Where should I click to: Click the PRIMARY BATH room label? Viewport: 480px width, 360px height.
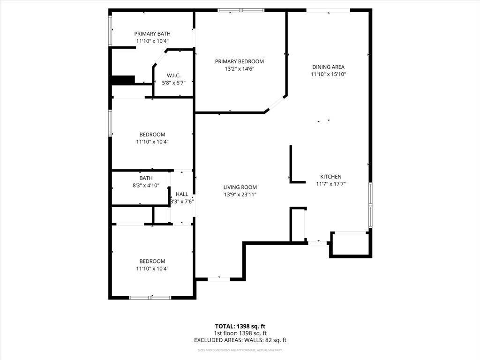[x=152, y=34]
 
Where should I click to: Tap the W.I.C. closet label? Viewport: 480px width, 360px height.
[x=173, y=76]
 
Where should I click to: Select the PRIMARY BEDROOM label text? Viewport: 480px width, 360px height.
[x=239, y=61]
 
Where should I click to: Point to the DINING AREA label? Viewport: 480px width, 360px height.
[x=328, y=67]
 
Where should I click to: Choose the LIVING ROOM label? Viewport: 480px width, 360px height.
[x=240, y=187]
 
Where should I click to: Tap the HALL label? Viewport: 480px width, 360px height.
[x=182, y=194]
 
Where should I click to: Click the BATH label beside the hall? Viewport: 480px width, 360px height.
[x=146, y=178]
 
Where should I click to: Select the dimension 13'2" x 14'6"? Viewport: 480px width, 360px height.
[x=239, y=69]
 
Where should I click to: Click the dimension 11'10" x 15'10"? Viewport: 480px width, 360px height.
[x=328, y=74]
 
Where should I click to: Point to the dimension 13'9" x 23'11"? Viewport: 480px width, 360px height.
[x=240, y=195]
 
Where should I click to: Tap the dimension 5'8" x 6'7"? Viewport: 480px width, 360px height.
[x=173, y=83]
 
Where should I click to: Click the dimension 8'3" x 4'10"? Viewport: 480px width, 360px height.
[x=146, y=185]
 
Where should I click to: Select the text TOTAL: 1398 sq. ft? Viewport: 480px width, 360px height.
[x=240, y=326]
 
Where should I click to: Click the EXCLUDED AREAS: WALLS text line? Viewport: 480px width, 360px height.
[x=240, y=340]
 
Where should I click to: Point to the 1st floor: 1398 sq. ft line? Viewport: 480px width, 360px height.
[x=240, y=333]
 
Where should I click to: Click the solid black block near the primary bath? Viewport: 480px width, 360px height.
[x=123, y=80]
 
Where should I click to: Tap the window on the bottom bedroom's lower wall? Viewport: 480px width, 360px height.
[x=150, y=297]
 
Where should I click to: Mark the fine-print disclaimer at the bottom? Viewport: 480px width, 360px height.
[x=240, y=350]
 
